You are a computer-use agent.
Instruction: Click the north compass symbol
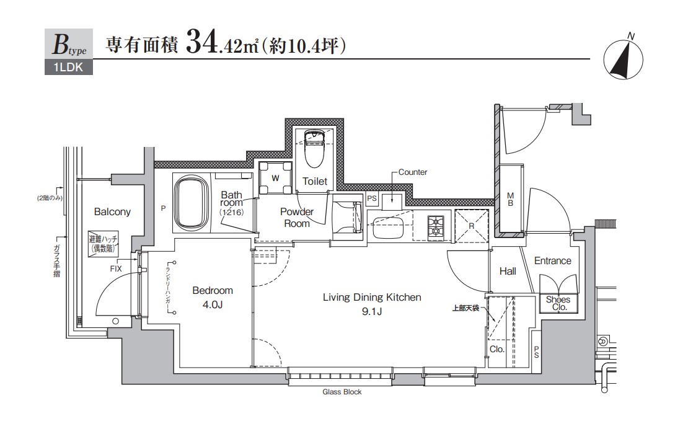click(x=624, y=60)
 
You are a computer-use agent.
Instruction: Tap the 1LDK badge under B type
click(x=68, y=68)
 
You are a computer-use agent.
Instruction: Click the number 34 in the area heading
click(x=200, y=45)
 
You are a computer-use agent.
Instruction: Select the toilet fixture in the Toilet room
click(x=314, y=149)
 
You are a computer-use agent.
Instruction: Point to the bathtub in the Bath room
click(x=192, y=203)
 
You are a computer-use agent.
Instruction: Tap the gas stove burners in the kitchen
click(x=436, y=226)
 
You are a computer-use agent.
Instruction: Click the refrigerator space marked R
click(x=472, y=226)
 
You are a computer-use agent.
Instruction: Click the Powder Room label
click(x=297, y=218)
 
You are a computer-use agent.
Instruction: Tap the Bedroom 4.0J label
click(x=213, y=296)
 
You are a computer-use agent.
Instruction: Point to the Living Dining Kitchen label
click(x=372, y=304)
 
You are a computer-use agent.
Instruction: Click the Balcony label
click(x=112, y=212)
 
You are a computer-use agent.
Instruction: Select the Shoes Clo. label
click(x=558, y=303)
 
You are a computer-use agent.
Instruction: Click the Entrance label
click(x=552, y=261)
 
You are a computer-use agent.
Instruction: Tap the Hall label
click(x=508, y=272)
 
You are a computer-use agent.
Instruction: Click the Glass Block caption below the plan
click(x=342, y=392)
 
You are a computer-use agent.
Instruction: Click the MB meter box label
click(x=510, y=199)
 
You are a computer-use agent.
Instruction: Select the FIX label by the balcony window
click(x=116, y=268)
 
